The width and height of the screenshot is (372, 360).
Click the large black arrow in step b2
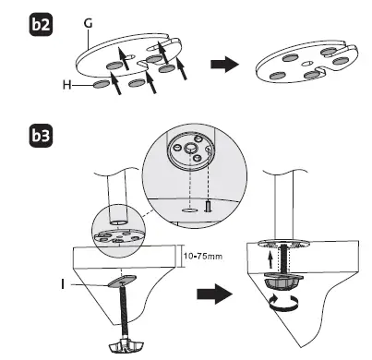coord(219,66)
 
